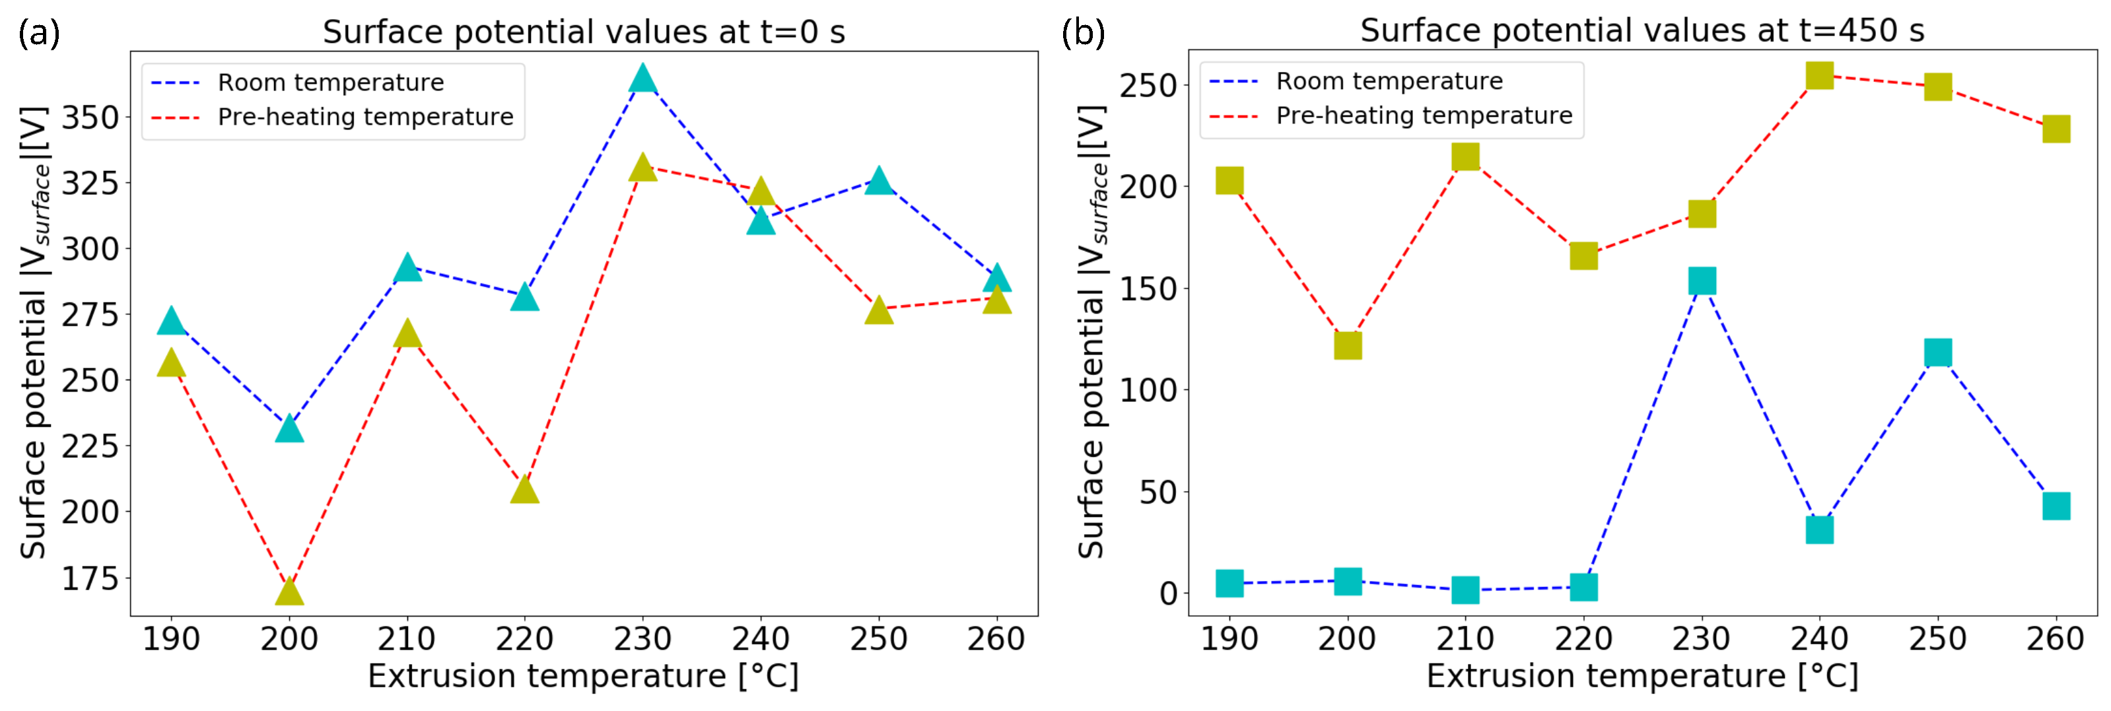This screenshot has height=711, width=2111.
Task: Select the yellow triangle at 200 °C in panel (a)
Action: coord(289,592)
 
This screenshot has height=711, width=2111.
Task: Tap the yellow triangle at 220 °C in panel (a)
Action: coord(524,491)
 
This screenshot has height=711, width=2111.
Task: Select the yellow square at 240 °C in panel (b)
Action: coord(1819,75)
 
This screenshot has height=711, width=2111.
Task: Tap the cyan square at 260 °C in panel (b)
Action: coord(2056,506)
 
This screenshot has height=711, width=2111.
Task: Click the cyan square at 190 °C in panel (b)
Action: coord(1229,583)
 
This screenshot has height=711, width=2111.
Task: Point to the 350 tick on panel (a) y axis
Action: coord(91,117)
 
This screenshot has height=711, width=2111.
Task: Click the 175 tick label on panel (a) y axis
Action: coord(91,578)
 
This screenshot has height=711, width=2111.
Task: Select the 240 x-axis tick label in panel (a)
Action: coord(761,639)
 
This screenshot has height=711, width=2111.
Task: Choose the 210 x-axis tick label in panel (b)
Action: coord(1465,639)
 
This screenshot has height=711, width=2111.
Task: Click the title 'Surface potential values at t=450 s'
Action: coord(1642,30)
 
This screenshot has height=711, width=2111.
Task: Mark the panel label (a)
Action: coord(38,33)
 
